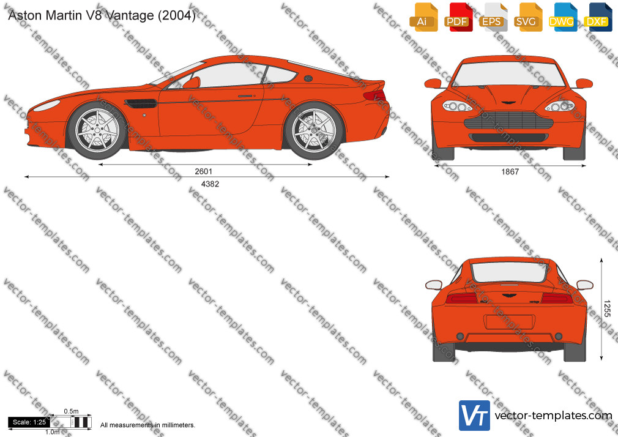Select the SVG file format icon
point(527,17)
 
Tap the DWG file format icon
point(562,17)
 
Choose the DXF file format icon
point(598,17)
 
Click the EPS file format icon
point(493,17)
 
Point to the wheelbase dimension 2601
point(203,171)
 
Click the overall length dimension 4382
point(210,184)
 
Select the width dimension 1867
point(510,171)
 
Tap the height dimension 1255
point(607,308)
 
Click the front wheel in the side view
point(97,130)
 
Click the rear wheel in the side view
point(314,130)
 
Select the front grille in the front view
point(509,120)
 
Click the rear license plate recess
point(509,322)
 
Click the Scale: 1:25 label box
point(29,422)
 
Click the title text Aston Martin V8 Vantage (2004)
point(102,15)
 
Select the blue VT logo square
point(475,416)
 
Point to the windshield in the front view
point(508,74)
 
